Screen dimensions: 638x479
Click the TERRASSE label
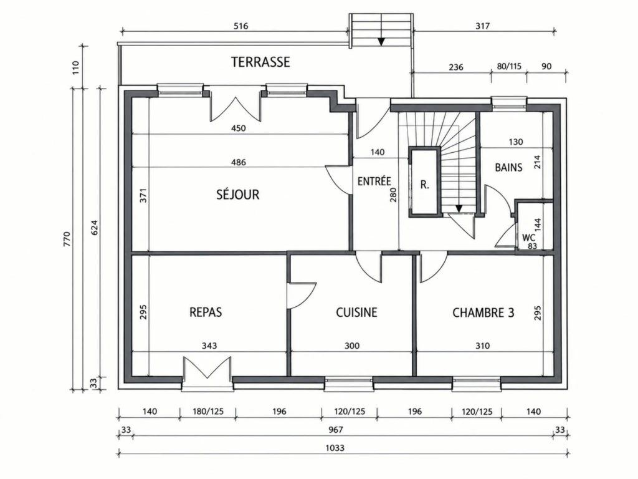260,62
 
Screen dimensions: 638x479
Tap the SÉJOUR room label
237,195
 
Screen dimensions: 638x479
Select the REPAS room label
206,312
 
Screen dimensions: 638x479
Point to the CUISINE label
356,312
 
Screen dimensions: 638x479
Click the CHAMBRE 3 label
483,312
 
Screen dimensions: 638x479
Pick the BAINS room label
508,167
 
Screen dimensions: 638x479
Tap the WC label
528,237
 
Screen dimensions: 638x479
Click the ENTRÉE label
374,181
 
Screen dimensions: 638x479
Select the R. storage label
424,185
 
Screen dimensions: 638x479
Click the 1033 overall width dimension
335,448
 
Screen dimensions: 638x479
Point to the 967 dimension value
336,430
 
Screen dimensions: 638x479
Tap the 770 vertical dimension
67,239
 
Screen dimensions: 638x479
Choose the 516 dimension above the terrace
241,26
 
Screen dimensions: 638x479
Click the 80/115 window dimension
509,66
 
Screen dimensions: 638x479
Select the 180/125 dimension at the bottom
208,412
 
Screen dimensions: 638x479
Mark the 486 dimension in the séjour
239,162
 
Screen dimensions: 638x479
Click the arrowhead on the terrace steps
381,41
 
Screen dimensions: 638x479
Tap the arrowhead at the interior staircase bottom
459,208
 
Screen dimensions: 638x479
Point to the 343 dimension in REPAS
209,346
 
